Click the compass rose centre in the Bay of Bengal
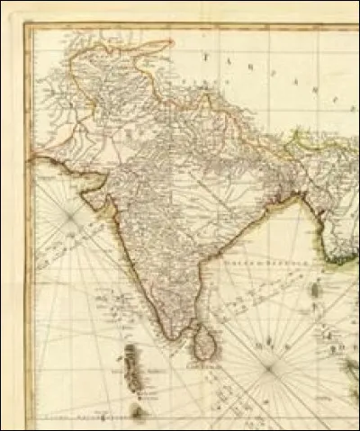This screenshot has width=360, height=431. [268, 365]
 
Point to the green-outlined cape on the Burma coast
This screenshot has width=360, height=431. [338, 262]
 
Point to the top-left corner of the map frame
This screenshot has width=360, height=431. [26, 24]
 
